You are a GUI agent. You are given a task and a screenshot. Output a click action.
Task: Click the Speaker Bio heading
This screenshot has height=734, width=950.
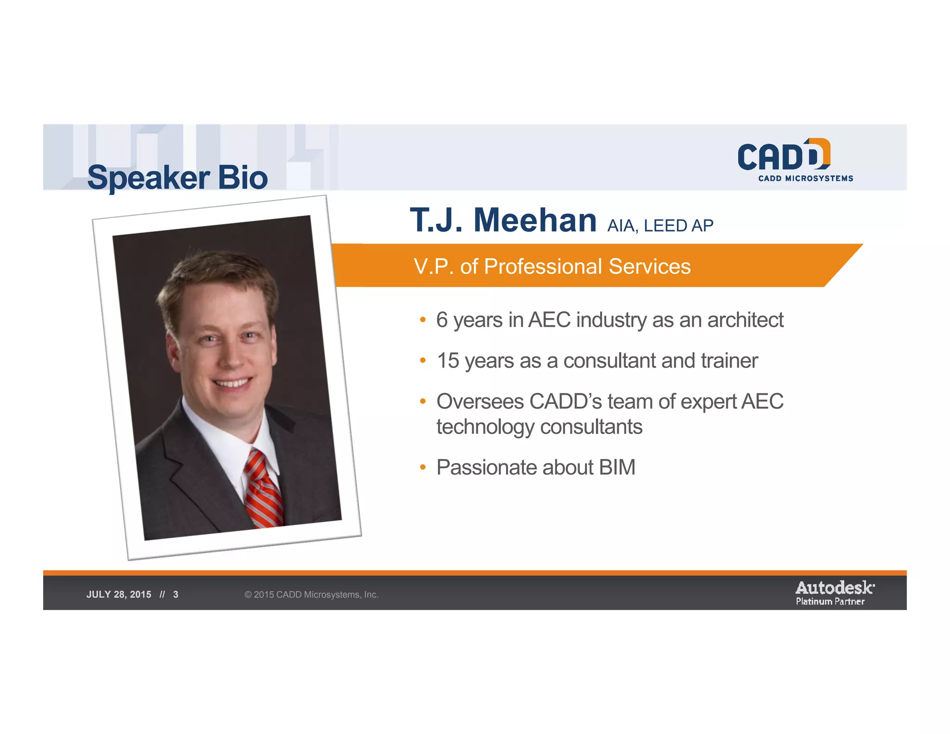(x=177, y=178)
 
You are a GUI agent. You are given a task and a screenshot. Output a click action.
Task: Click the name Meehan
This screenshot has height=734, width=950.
(x=535, y=220)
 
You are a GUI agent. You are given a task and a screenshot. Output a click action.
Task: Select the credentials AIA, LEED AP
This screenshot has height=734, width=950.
(x=660, y=226)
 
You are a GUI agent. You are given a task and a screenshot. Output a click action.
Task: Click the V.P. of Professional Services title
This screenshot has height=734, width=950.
(x=552, y=267)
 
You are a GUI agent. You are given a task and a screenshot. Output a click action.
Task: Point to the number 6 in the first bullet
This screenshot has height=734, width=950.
(x=442, y=320)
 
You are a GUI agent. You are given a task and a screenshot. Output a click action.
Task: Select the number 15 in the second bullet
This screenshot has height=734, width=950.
(x=448, y=361)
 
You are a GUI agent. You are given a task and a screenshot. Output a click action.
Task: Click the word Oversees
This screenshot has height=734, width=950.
(x=480, y=402)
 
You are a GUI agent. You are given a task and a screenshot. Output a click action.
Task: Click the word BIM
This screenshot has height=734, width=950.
(x=617, y=468)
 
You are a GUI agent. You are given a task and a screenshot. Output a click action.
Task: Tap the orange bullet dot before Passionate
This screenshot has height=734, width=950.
(x=423, y=467)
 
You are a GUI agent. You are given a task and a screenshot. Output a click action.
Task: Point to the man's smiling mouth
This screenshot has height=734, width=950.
(x=233, y=383)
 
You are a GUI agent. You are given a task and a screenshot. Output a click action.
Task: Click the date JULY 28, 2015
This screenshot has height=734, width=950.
(x=119, y=595)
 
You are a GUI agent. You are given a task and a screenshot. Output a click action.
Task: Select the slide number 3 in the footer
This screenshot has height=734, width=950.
(x=176, y=595)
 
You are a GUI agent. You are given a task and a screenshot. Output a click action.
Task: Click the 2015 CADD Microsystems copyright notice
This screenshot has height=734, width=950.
(x=311, y=595)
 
